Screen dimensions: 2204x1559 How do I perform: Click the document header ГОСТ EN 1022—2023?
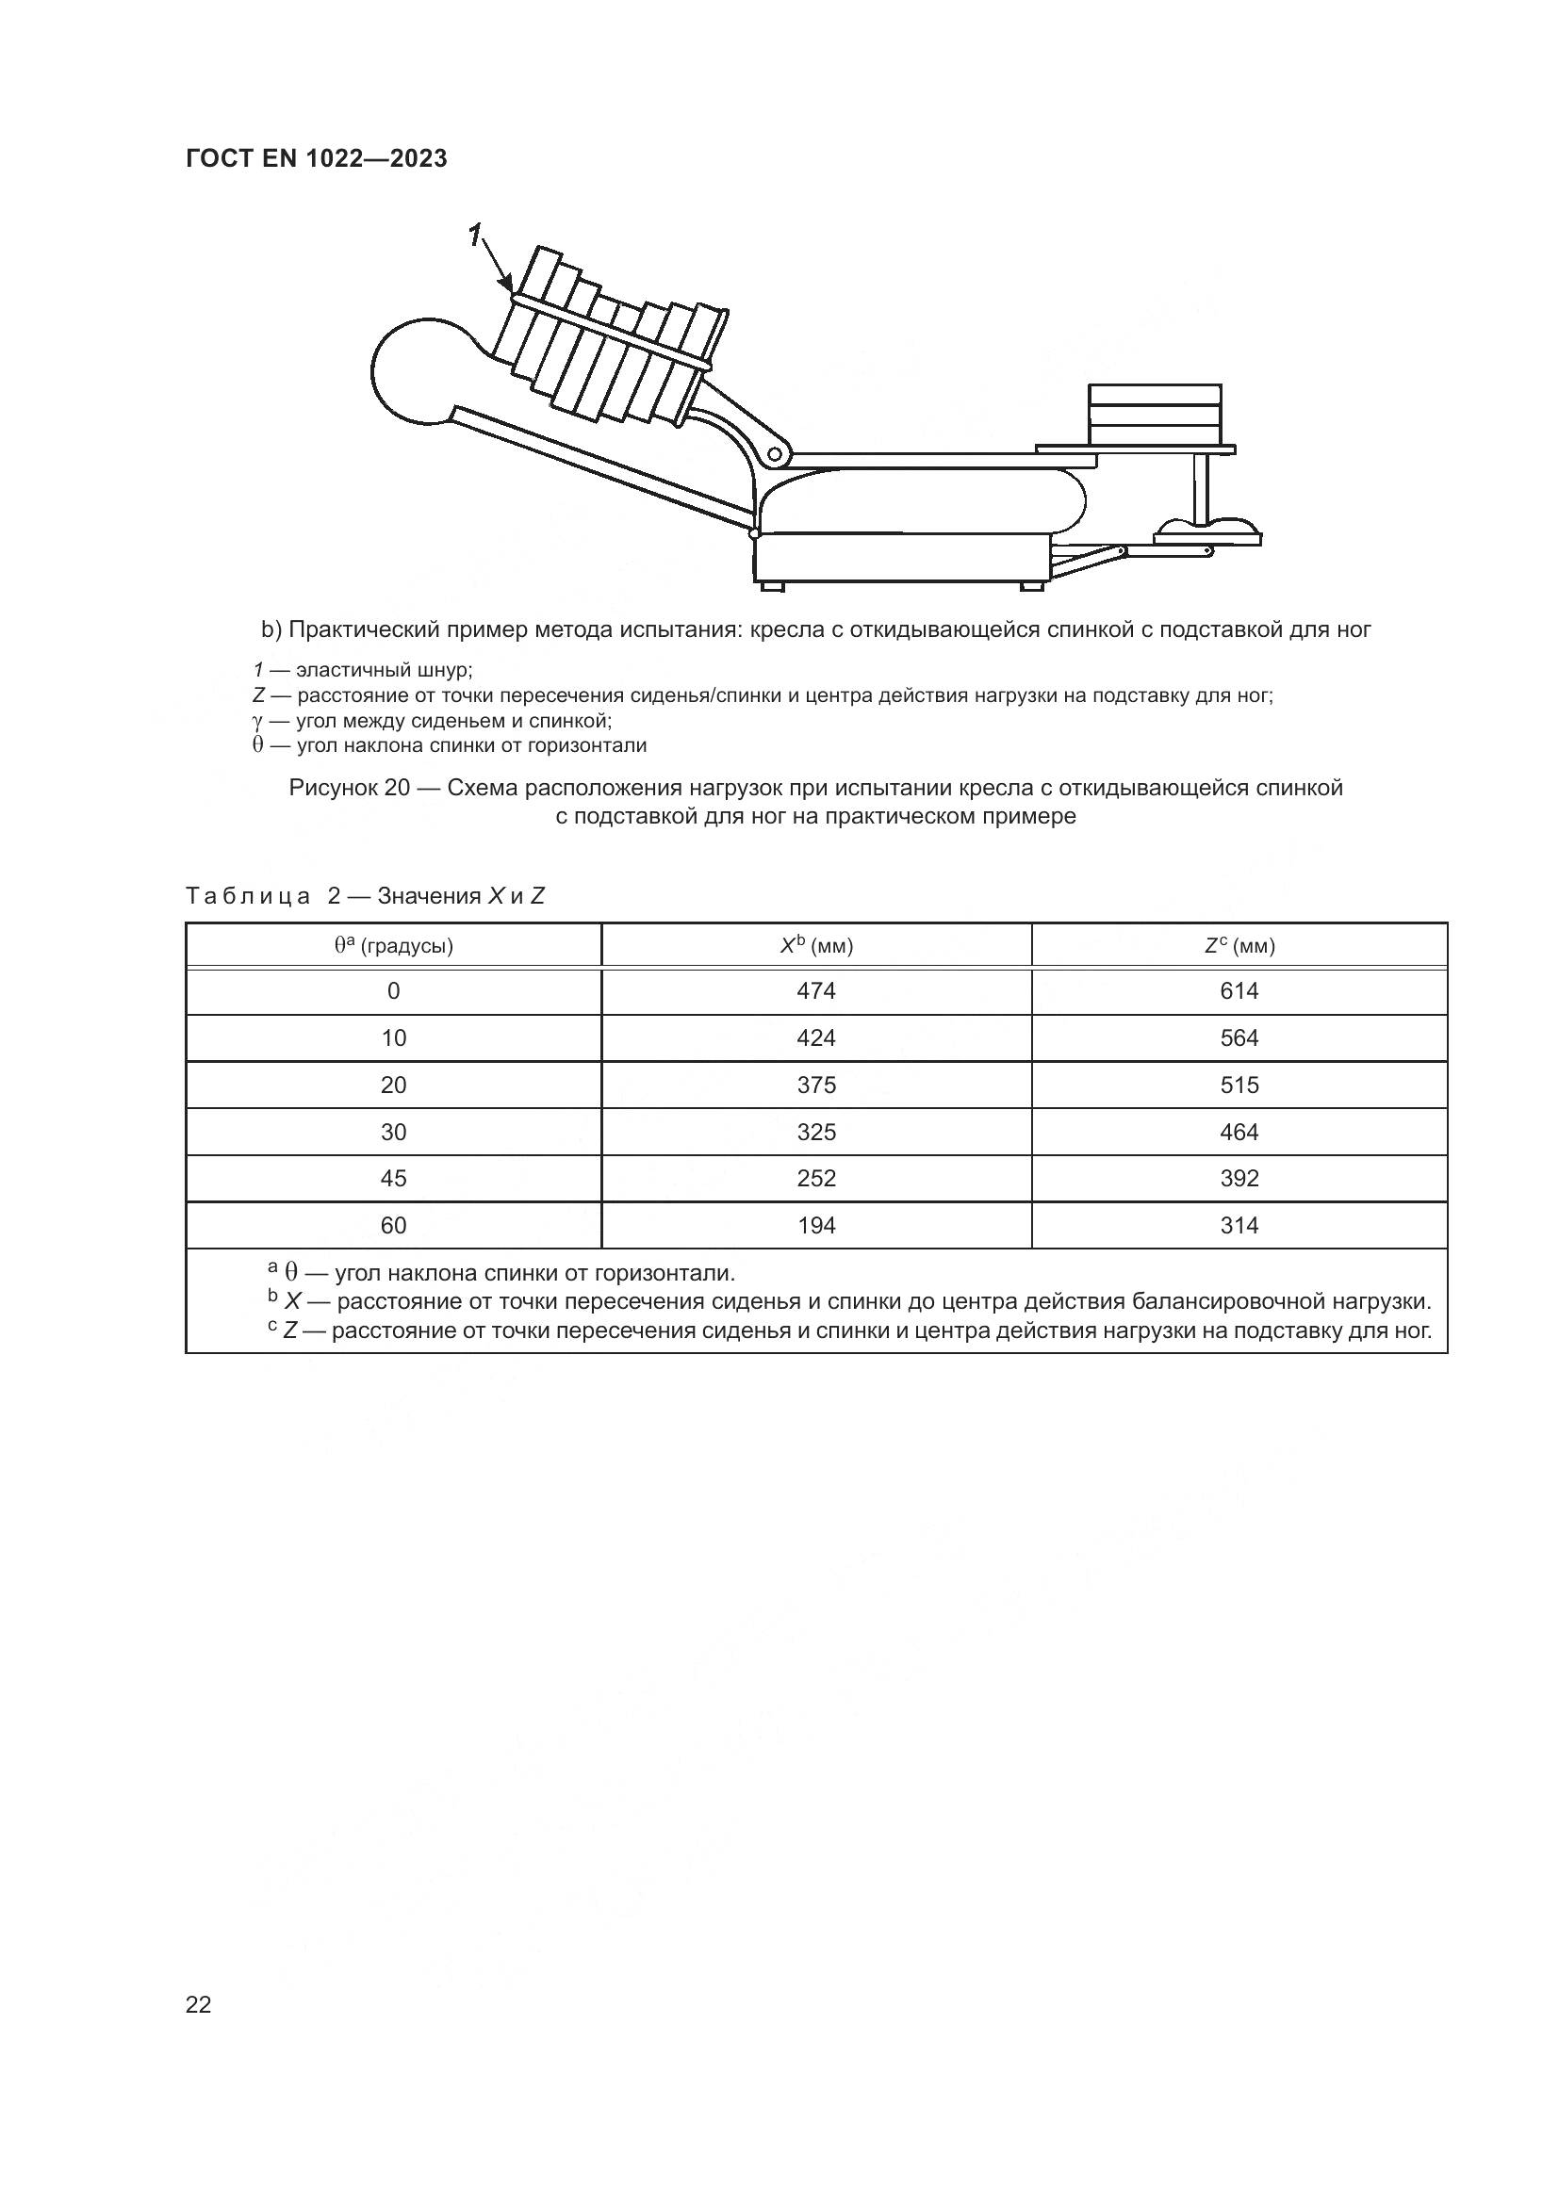[x=316, y=158]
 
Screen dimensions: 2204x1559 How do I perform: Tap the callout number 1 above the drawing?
[x=474, y=235]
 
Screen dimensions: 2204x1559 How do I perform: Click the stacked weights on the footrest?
[x=1155, y=414]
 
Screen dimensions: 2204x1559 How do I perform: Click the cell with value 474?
[x=816, y=990]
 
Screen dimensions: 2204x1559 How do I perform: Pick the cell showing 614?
[x=1239, y=990]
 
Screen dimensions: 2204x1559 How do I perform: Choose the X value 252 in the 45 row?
[x=816, y=1178]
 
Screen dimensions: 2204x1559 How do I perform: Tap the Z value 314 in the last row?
[x=1239, y=1225]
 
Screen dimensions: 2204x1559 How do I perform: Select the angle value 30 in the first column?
[x=394, y=1132]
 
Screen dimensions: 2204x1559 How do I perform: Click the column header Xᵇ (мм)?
[x=816, y=945]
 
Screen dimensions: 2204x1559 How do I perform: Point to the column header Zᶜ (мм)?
[x=1239, y=945]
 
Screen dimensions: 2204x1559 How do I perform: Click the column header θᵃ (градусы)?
[x=394, y=945]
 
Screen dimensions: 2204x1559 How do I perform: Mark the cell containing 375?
[x=816, y=1085]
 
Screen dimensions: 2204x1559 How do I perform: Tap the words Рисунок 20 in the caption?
[x=350, y=788]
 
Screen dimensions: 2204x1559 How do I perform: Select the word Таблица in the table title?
[x=248, y=895]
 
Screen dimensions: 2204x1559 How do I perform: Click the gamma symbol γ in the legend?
[x=258, y=720]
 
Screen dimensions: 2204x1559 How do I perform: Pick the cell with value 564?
[x=1239, y=1037]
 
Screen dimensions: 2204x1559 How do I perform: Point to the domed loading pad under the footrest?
[x=1207, y=531]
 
